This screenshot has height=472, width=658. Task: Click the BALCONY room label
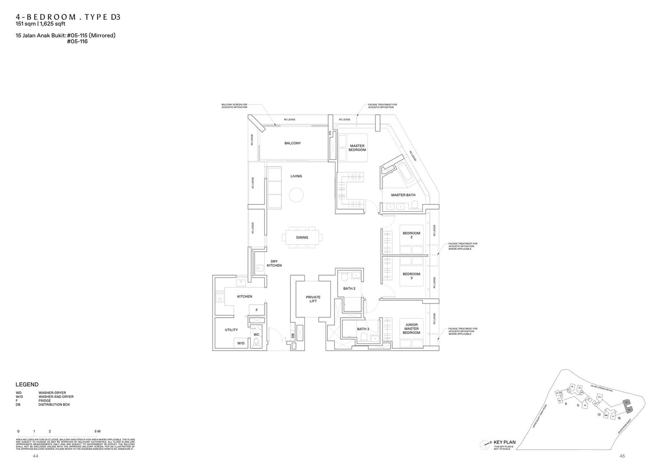click(292, 143)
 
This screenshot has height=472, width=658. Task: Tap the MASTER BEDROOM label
click(357, 148)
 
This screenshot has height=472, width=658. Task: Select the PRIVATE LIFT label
click(313, 299)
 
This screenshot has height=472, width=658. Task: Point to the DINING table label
click(302, 237)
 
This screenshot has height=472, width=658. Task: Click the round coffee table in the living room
click(296, 194)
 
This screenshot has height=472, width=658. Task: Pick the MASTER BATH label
click(403, 195)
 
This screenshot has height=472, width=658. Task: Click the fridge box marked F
click(257, 310)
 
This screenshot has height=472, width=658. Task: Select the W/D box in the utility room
click(241, 343)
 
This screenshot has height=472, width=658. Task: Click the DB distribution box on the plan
click(293, 335)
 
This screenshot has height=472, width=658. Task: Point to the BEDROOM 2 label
click(411, 235)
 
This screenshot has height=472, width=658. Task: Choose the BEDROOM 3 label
click(411, 276)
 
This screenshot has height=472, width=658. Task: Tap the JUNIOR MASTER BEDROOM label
click(411, 329)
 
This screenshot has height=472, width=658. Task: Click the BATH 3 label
click(363, 329)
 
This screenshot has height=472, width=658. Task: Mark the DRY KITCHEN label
click(274, 264)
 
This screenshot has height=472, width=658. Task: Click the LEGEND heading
click(27, 384)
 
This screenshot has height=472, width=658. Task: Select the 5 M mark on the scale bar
click(97, 431)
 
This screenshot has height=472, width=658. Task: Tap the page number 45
click(622, 456)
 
